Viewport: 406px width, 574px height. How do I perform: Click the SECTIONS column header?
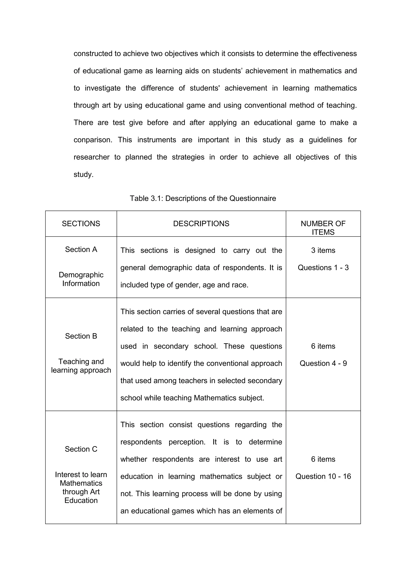pyautogui.click(x=81, y=224)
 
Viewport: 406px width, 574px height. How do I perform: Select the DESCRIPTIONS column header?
pyautogui.click(x=201, y=224)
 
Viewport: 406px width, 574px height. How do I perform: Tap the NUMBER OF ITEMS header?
pyautogui.click(x=323, y=228)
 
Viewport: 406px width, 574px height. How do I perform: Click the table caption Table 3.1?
pyautogui.click(x=203, y=198)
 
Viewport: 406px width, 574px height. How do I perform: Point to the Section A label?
pyautogui.click(x=81, y=249)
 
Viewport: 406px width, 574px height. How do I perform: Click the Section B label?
pyautogui.click(x=81, y=336)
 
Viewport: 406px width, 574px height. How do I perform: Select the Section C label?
pyautogui.click(x=81, y=449)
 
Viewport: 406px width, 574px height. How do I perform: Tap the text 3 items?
pyautogui.click(x=323, y=250)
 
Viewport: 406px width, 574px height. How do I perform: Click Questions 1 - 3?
pyautogui.click(x=323, y=268)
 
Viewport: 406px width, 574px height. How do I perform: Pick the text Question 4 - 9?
pyautogui.click(x=323, y=363)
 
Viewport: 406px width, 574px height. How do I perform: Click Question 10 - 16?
pyautogui.click(x=323, y=476)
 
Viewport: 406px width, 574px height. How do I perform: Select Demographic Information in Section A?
pyautogui.click(x=81, y=279)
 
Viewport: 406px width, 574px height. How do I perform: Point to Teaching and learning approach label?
pyautogui.click(x=81, y=366)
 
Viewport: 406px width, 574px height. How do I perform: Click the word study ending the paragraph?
pyautogui.click(x=83, y=174)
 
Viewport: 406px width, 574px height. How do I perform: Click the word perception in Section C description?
pyautogui.click(x=187, y=442)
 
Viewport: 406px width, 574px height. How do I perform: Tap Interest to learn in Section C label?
pyautogui.click(x=81, y=475)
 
